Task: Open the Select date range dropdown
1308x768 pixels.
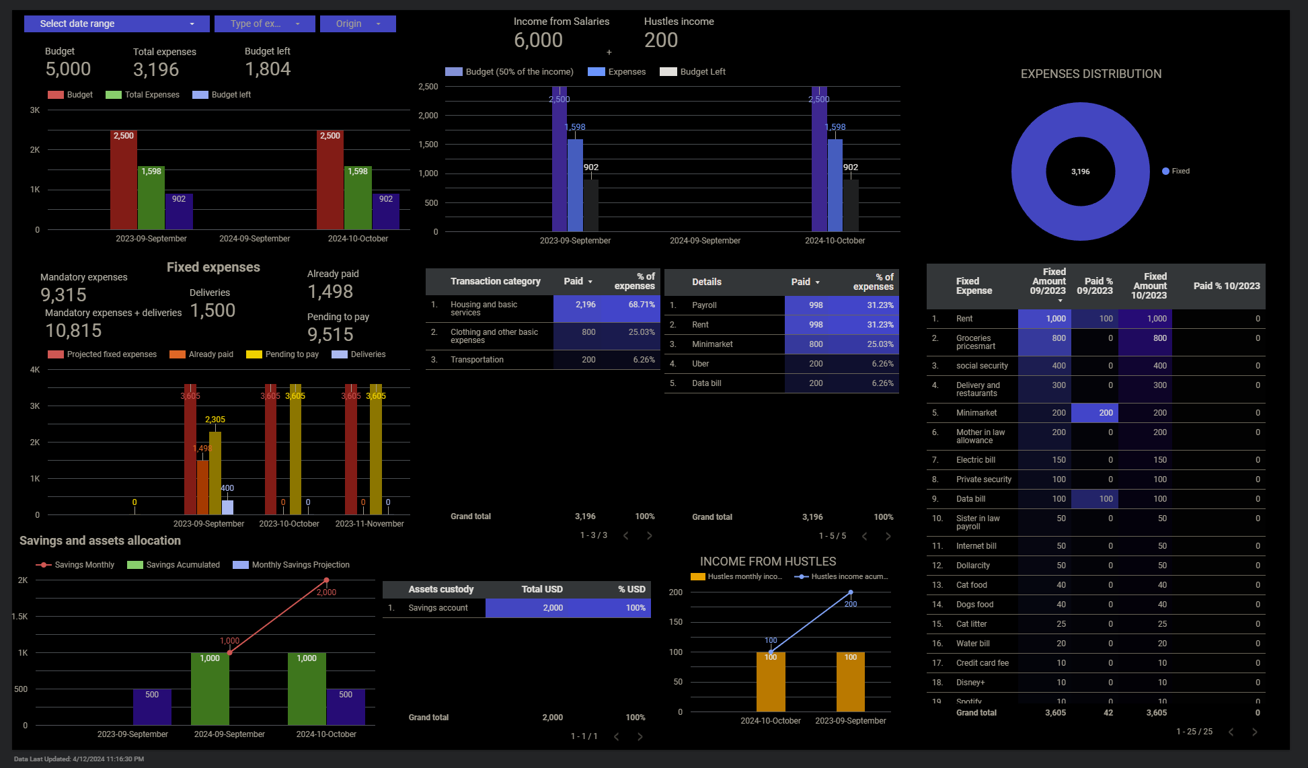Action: tap(116, 24)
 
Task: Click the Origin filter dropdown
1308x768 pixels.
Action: tap(358, 24)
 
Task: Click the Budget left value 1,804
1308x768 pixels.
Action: tap(268, 69)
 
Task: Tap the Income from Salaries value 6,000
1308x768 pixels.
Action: tap(538, 40)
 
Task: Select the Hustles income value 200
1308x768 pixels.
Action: tap(661, 40)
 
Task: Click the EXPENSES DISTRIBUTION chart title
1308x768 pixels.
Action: tap(1091, 74)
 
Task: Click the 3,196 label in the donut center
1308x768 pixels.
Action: tap(1080, 172)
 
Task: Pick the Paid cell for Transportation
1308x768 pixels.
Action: tap(588, 360)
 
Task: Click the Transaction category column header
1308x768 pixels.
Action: tap(495, 282)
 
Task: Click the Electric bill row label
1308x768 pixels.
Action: tap(975, 460)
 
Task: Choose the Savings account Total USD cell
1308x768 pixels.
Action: tap(553, 608)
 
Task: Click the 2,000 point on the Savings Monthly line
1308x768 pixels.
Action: tap(326, 580)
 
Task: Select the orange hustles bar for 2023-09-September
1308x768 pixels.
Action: tap(850, 681)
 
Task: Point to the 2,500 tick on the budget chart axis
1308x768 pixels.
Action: tap(428, 87)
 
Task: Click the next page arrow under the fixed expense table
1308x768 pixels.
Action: tap(1254, 732)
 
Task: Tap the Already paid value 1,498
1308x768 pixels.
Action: tap(330, 292)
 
